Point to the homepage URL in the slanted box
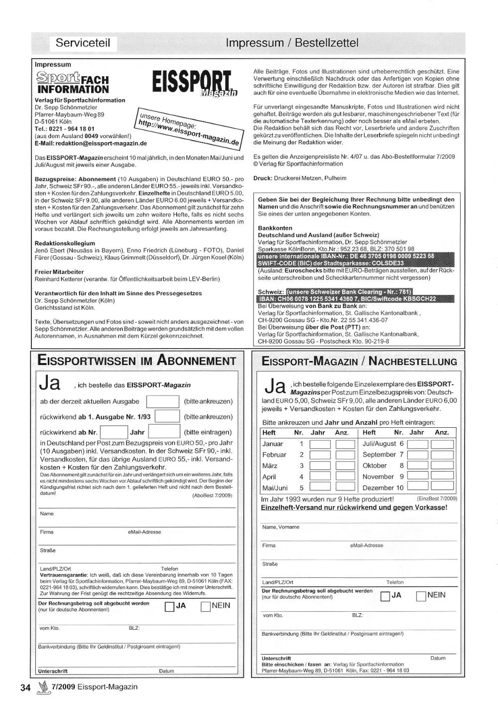click(188, 127)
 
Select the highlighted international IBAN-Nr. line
click(346, 256)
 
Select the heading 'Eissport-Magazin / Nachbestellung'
click(359, 362)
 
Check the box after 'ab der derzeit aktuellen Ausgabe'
click(162, 401)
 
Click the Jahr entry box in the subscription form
click(164, 432)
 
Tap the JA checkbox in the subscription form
click(169, 607)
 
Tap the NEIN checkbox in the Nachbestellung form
click(420, 596)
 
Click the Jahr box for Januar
click(320, 444)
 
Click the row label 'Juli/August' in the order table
click(379, 444)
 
